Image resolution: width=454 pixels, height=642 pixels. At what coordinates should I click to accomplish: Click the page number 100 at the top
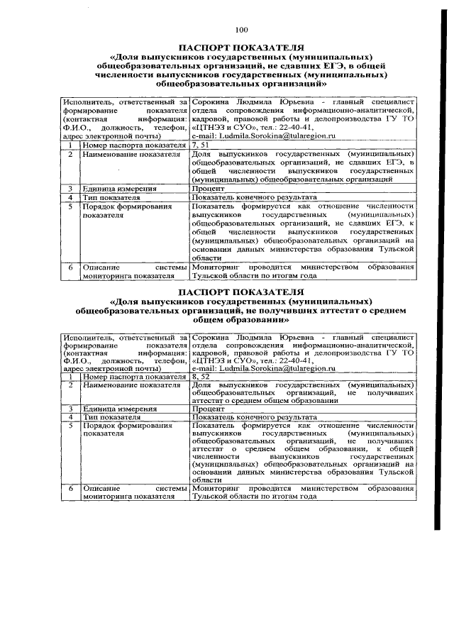[x=241, y=29]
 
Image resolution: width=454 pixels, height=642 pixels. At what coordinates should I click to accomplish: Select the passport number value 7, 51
[x=201, y=144]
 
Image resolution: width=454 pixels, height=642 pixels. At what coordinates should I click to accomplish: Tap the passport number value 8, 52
[x=201, y=377]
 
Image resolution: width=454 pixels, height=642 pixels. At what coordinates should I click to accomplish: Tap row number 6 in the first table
[x=70, y=267]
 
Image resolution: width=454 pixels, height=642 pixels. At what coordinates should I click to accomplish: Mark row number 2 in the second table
[x=70, y=385]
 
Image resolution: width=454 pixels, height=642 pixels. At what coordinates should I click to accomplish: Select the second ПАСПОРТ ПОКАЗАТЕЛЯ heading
[x=241, y=292]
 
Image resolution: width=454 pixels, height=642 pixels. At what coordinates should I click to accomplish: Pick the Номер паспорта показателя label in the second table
[x=133, y=377]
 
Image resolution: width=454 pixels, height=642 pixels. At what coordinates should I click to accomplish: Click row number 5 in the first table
[x=70, y=206]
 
